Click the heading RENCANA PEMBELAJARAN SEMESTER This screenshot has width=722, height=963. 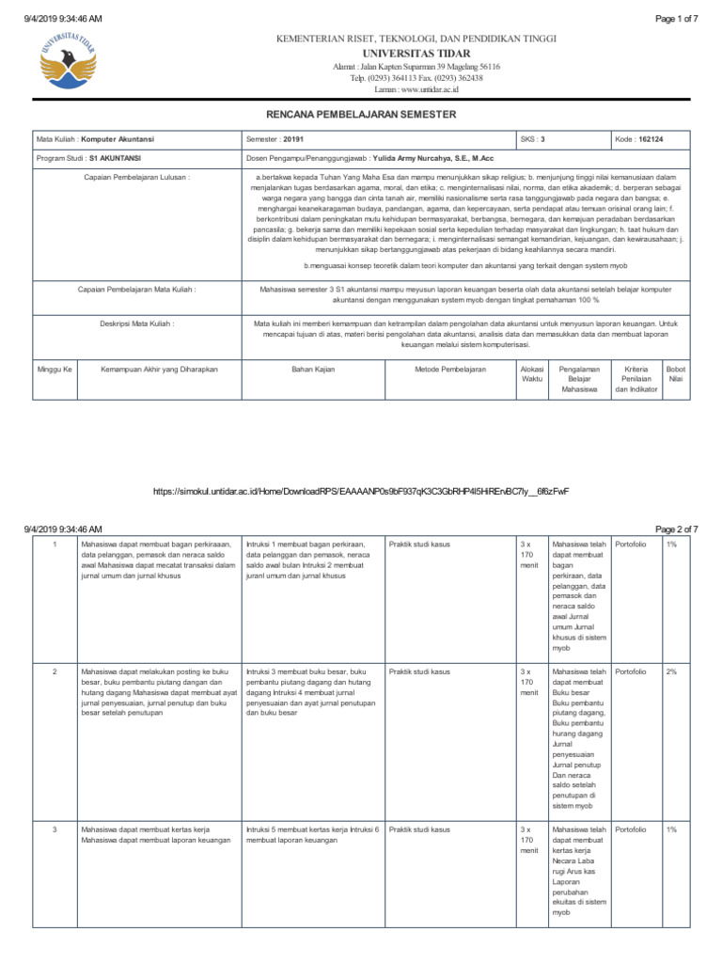(x=361, y=114)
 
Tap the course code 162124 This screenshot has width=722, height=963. (x=651, y=138)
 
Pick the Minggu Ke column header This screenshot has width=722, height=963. (x=54, y=370)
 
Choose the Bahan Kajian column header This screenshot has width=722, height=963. (x=314, y=370)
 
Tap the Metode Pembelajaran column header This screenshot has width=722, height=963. (x=450, y=370)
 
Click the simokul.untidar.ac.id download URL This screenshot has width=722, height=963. (x=361, y=491)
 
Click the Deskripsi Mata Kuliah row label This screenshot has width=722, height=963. (x=136, y=324)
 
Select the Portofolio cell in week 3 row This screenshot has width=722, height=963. (x=630, y=829)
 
